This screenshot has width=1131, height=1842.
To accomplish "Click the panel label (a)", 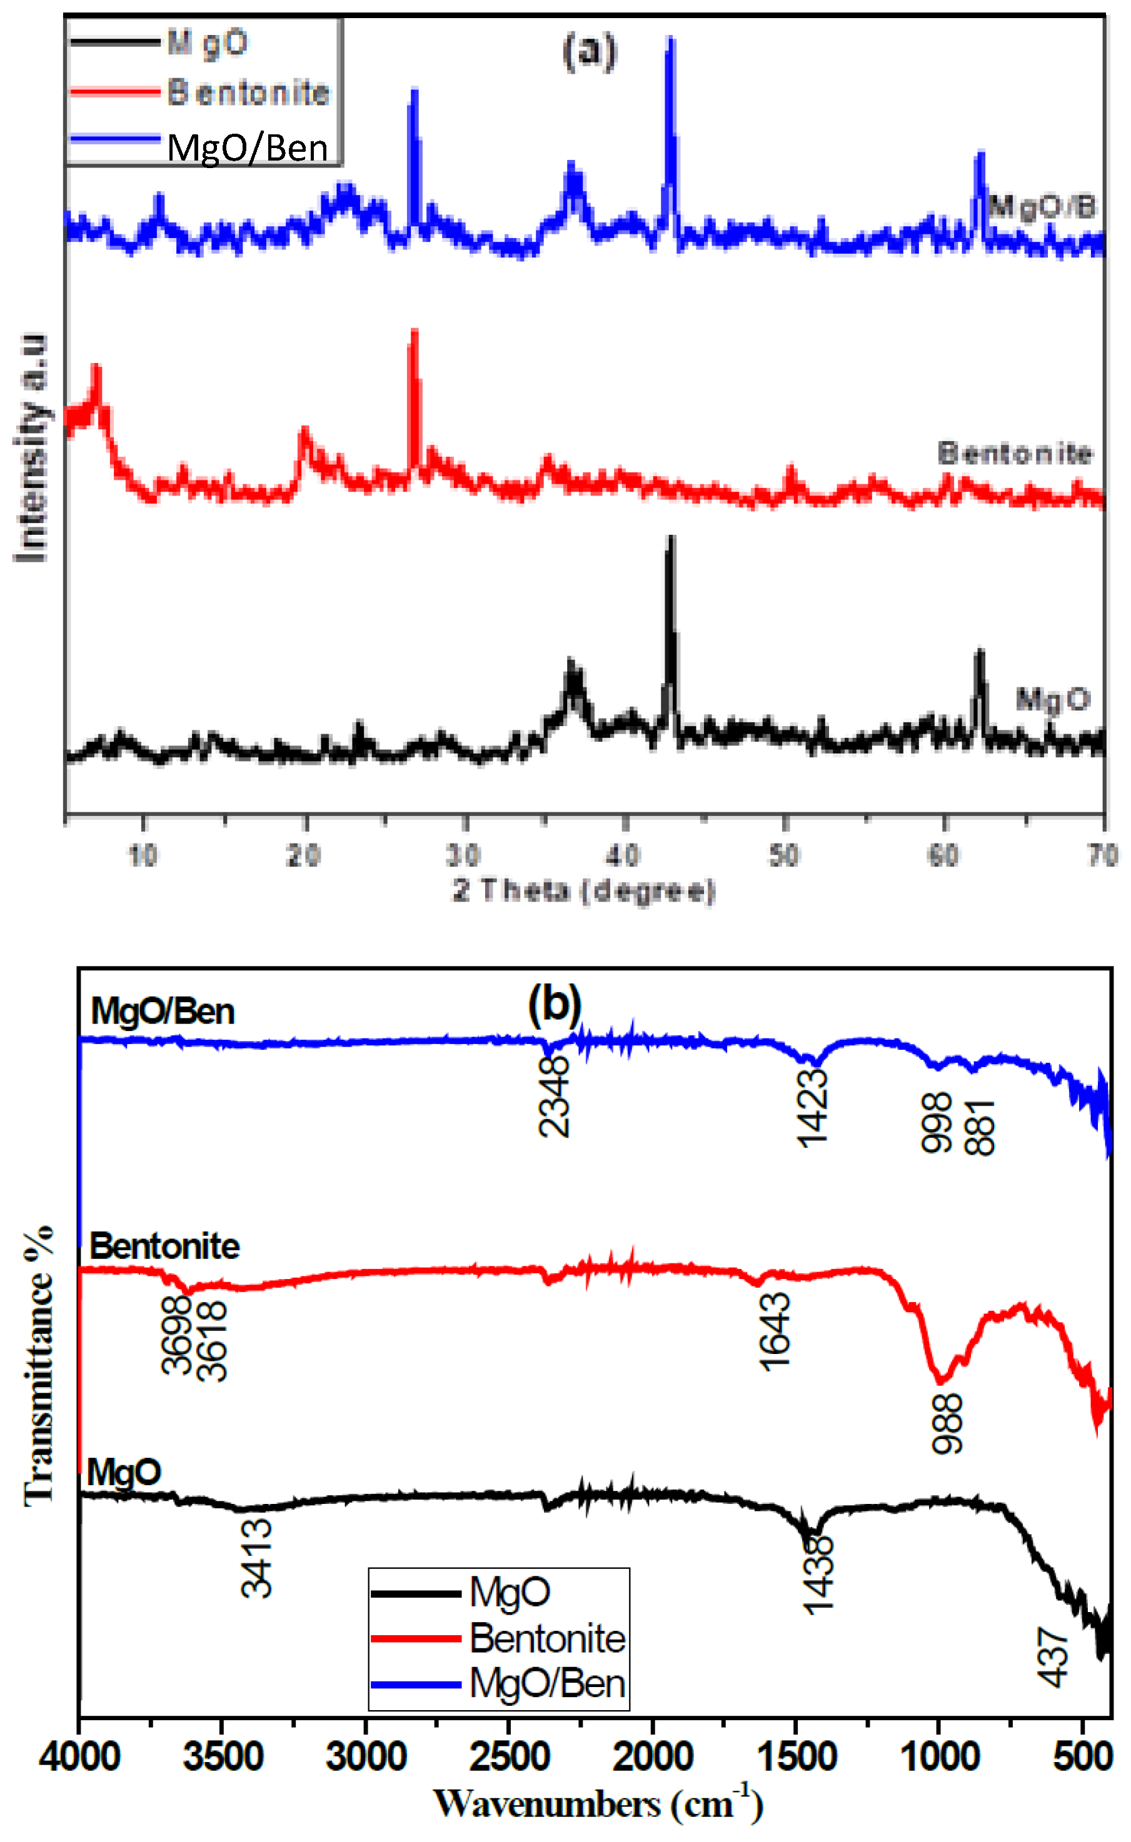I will (590, 52).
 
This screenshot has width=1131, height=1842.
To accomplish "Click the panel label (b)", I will (555, 1004).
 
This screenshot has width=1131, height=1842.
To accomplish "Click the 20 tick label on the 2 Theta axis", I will (304, 855).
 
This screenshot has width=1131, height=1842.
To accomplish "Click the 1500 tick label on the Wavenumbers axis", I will (796, 1756).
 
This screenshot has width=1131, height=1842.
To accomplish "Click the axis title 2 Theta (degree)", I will (584, 890).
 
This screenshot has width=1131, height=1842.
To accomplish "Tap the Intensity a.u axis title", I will (30, 446).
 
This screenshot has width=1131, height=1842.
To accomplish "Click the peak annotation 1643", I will (774, 1332).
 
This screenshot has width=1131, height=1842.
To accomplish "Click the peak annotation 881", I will (980, 1127).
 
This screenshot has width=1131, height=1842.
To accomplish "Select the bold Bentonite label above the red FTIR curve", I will (164, 1246).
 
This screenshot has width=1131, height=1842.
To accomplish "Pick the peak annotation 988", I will (947, 1423).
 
